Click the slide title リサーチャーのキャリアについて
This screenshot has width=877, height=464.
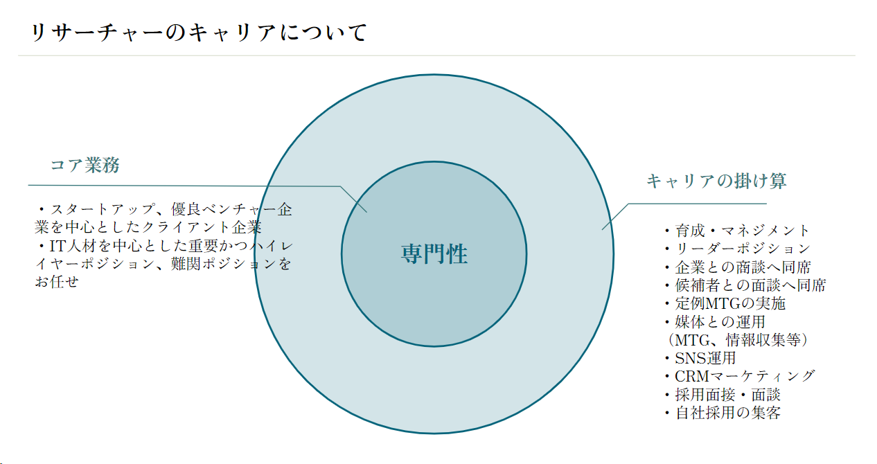coord(199,33)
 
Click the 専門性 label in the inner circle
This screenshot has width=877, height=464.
coord(434,254)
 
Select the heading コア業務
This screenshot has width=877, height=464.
coord(85,166)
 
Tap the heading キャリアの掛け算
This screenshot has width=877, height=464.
coord(716,181)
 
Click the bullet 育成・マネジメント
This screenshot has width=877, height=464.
coord(737,231)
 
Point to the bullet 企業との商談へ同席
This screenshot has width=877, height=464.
coord(738,267)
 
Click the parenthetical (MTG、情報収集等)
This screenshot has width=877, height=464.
coord(736,340)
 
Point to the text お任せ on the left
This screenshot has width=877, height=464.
coord(57,282)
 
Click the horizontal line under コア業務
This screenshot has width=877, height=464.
coord(180,186)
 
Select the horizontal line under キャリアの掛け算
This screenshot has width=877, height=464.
coord(696,204)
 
